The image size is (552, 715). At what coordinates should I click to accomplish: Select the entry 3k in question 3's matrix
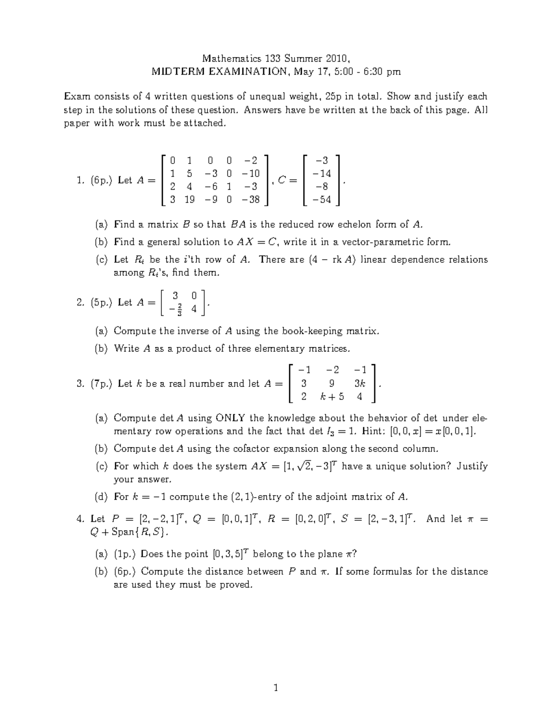359,383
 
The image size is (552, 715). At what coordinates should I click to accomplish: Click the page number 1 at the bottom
276,688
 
